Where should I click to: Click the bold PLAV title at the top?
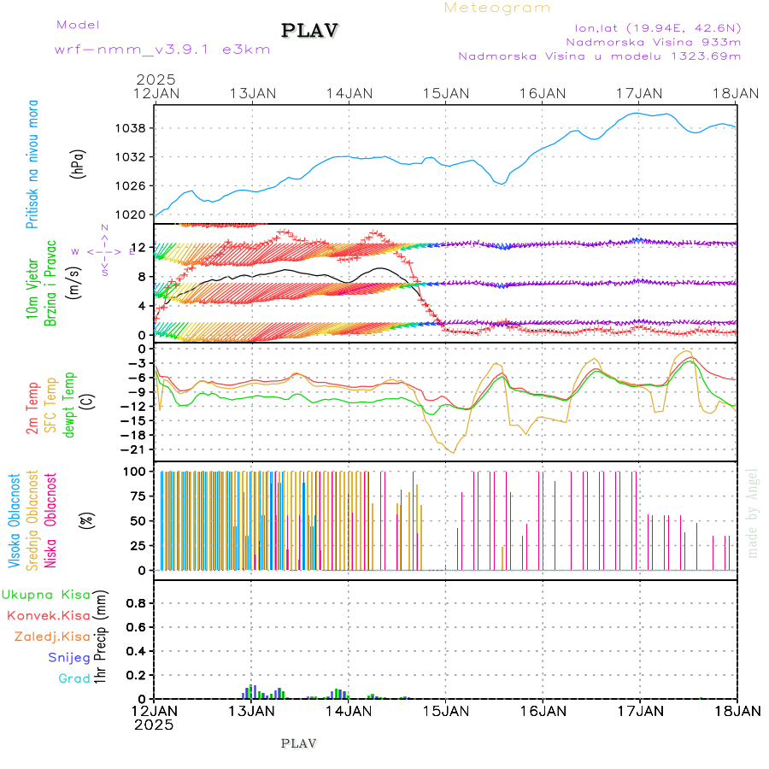point(311,31)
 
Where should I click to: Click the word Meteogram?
point(497,8)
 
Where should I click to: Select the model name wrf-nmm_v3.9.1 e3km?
point(138,49)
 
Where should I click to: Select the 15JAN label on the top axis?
point(445,92)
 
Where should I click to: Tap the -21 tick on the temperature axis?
point(133,449)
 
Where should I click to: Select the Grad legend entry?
point(73,678)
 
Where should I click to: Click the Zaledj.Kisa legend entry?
point(52,636)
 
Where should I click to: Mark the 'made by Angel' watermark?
point(752,513)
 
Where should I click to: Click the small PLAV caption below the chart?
point(298,743)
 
